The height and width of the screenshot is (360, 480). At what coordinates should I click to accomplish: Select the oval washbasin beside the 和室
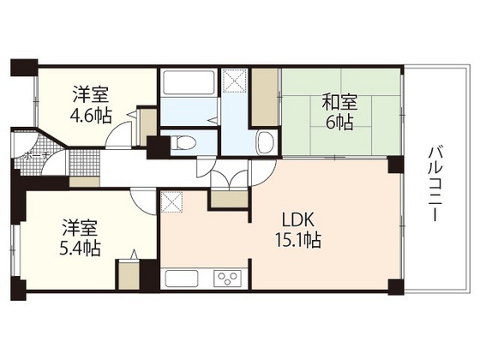(266, 141)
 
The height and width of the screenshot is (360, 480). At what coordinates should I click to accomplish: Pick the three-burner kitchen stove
(228, 278)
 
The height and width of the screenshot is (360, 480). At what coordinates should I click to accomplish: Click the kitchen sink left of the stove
(182, 278)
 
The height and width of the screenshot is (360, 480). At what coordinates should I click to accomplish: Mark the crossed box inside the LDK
(171, 202)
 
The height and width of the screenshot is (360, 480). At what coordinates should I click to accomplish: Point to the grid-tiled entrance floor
(83, 163)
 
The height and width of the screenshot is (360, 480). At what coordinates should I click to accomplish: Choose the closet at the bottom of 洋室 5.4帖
(130, 273)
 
